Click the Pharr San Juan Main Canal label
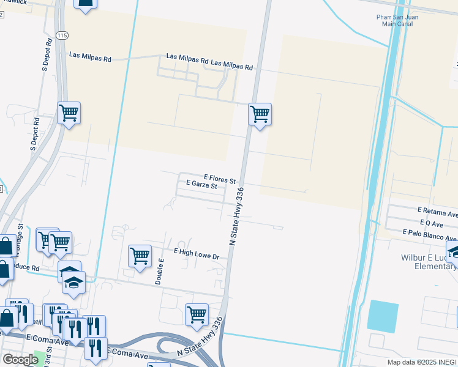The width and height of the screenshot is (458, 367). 397,21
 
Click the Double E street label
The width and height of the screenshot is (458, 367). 160,270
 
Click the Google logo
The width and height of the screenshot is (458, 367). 20,360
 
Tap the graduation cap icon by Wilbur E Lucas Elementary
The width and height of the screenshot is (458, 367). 454,251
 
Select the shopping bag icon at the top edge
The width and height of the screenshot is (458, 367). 85,4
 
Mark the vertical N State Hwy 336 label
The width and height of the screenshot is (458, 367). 236,217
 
